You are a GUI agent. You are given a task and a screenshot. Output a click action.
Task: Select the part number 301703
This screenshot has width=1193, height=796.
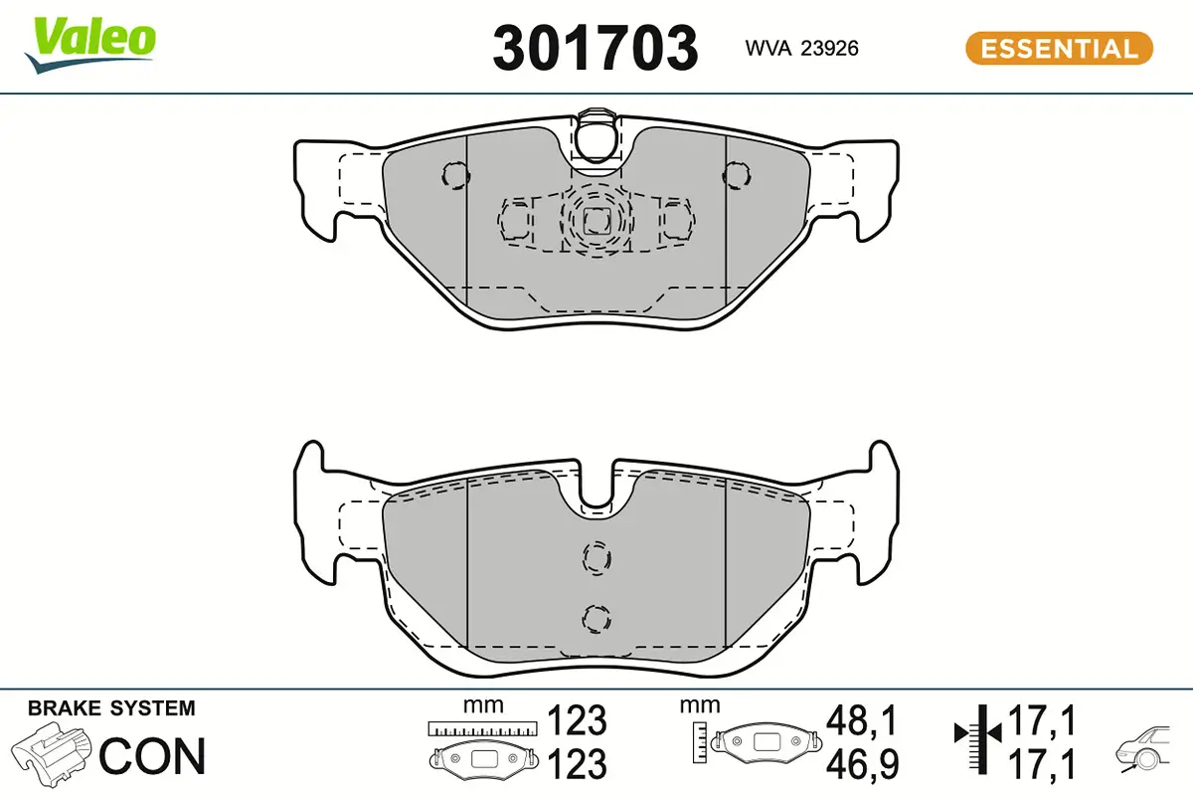tap(595, 48)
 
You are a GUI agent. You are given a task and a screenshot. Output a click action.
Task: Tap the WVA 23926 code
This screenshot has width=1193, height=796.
tap(801, 49)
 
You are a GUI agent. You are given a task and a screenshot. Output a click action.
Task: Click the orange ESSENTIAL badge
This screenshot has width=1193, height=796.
tap(1059, 49)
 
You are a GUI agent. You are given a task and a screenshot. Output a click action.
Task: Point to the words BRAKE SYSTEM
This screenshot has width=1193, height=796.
tap(111, 708)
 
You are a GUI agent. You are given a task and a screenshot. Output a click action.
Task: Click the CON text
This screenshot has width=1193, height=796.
tap(152, 756)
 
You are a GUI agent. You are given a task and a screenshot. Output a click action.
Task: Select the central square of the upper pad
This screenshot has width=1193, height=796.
tap(596, 221)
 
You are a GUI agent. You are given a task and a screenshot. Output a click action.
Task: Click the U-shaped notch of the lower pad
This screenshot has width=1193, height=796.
tap(596, 492)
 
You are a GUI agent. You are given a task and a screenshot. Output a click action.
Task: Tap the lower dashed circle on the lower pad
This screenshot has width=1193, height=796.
tap(596, 617)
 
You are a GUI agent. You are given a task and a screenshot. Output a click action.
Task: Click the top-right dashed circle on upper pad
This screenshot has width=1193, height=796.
tap(737, 176)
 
